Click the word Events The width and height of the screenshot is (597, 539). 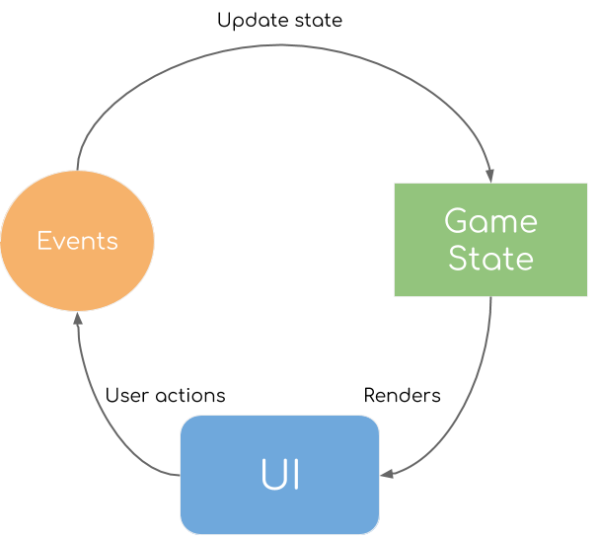click(x=77, y=241)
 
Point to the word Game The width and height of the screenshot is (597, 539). click(x=490, y=220)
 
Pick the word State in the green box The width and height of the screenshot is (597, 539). click(x=490, y=259)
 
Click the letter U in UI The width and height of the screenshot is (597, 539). click(x=271, y=476)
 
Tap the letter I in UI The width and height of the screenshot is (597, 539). click(x=294, y=476)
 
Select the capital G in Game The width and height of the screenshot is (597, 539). click(x=456, y=220)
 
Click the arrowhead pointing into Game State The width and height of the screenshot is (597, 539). click(x=490, y=176)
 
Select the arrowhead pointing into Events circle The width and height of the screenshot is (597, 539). click(x=77, y=320)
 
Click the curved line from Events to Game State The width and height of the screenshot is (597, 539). click(x=276, y=45)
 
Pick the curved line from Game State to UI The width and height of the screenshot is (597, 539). click(x=469, y=415)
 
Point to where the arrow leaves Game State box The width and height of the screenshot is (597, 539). click(x=490, y=298)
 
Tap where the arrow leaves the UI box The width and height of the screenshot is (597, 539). click(x=179, y=475)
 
